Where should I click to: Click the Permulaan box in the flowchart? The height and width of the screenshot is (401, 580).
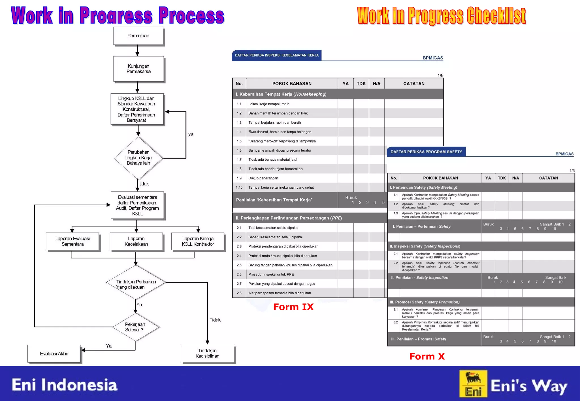138,36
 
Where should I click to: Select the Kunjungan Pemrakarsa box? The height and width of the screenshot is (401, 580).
138,69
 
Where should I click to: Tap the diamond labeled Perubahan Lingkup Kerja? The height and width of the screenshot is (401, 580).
138,158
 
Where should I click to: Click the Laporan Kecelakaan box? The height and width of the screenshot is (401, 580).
136,241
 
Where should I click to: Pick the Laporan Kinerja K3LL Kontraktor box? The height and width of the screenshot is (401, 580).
198,241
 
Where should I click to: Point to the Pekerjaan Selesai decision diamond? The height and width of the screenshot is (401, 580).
135,327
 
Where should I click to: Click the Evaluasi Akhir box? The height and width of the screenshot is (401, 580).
54,353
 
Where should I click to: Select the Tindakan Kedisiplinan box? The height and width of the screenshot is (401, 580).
207,353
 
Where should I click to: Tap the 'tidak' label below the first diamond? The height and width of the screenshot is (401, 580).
144,184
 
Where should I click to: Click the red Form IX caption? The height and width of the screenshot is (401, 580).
293,307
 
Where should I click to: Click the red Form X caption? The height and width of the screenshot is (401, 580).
427,356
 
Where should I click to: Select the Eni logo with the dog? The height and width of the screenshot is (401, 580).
473,384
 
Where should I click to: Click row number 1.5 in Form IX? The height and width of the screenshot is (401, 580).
239,141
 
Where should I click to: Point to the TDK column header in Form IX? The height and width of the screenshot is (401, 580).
361,84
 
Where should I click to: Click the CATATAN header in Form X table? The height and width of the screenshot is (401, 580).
548,178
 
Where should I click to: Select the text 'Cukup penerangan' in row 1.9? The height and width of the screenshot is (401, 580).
263,178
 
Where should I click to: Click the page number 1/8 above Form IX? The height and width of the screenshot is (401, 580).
440,76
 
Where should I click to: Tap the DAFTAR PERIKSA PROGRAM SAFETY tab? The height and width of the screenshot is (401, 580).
426,152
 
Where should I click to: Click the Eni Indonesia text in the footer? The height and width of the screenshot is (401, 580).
64,385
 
